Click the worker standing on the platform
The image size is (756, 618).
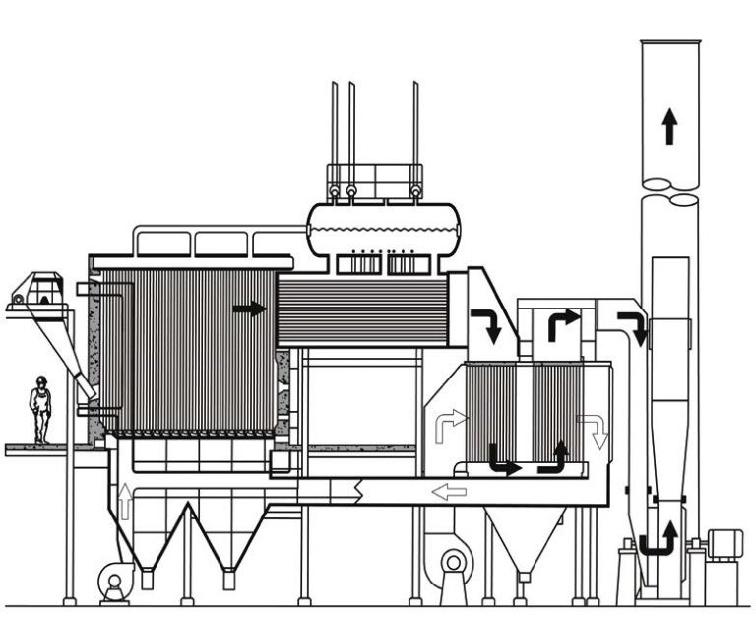tap(40, 409)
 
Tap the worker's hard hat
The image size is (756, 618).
tap(40, 380)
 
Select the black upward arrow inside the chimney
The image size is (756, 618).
tap(669, 126)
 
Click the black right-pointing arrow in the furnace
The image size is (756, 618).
tap(249, 309)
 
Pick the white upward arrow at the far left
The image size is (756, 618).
tap(125, 500)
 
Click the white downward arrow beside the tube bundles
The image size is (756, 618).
tap(596, 431)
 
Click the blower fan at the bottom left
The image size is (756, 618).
tap(114, 581)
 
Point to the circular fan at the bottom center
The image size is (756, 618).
tap(453, 564)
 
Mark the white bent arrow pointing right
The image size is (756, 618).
tap(449, 423)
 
